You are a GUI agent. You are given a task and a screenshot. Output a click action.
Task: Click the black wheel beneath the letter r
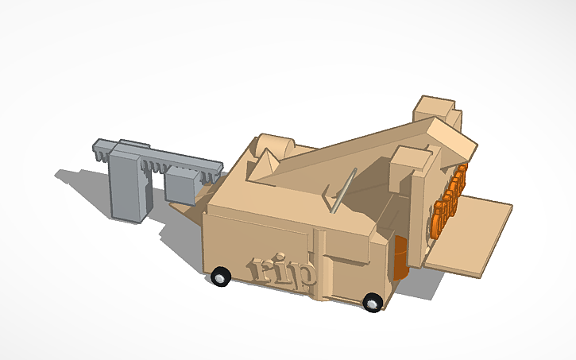coord(222,277)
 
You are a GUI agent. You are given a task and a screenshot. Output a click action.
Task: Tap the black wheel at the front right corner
coord(372,301)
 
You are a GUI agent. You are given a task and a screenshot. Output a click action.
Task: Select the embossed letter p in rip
coord(304,274)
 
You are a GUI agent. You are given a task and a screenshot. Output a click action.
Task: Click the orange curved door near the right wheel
coord(401,257)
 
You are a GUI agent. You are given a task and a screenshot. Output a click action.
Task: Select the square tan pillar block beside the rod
coord(406,170)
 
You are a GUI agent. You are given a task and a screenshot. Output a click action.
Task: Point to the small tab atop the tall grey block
coord(133,143)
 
